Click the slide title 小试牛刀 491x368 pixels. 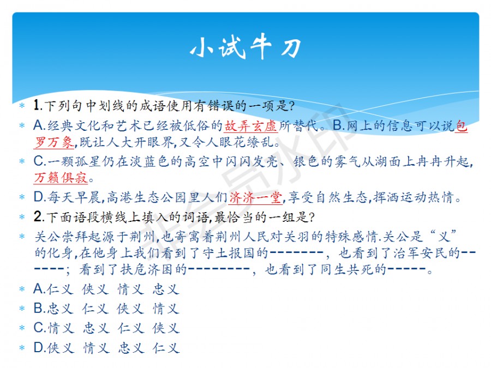246,47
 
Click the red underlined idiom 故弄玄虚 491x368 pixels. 250,126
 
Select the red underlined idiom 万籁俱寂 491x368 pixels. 61,178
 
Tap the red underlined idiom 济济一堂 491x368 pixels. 255,197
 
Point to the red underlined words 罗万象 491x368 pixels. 54,142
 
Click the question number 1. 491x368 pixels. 38,105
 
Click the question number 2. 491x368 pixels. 38,216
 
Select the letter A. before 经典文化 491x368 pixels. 40,125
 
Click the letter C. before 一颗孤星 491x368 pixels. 40,161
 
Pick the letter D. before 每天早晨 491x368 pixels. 40,197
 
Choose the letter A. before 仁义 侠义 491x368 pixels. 40,289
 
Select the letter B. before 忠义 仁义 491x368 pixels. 40,308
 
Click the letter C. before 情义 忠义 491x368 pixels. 40,328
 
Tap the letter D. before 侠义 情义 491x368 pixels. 40,347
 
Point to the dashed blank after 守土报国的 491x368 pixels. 296,252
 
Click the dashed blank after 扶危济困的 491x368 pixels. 219,268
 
